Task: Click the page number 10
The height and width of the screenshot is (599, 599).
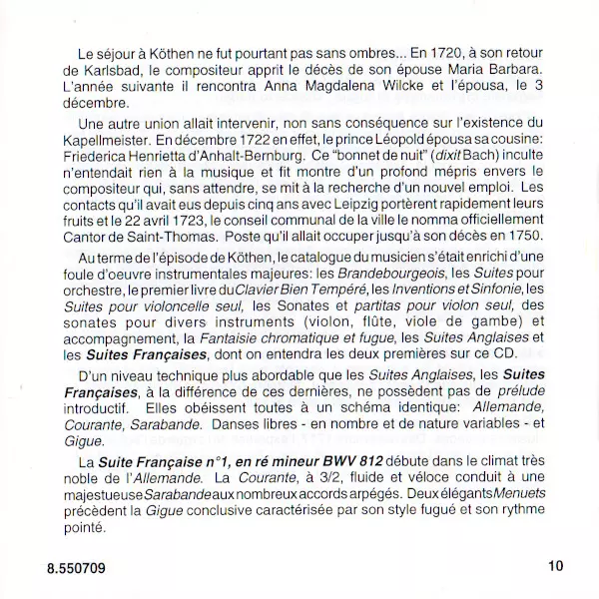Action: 556,567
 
